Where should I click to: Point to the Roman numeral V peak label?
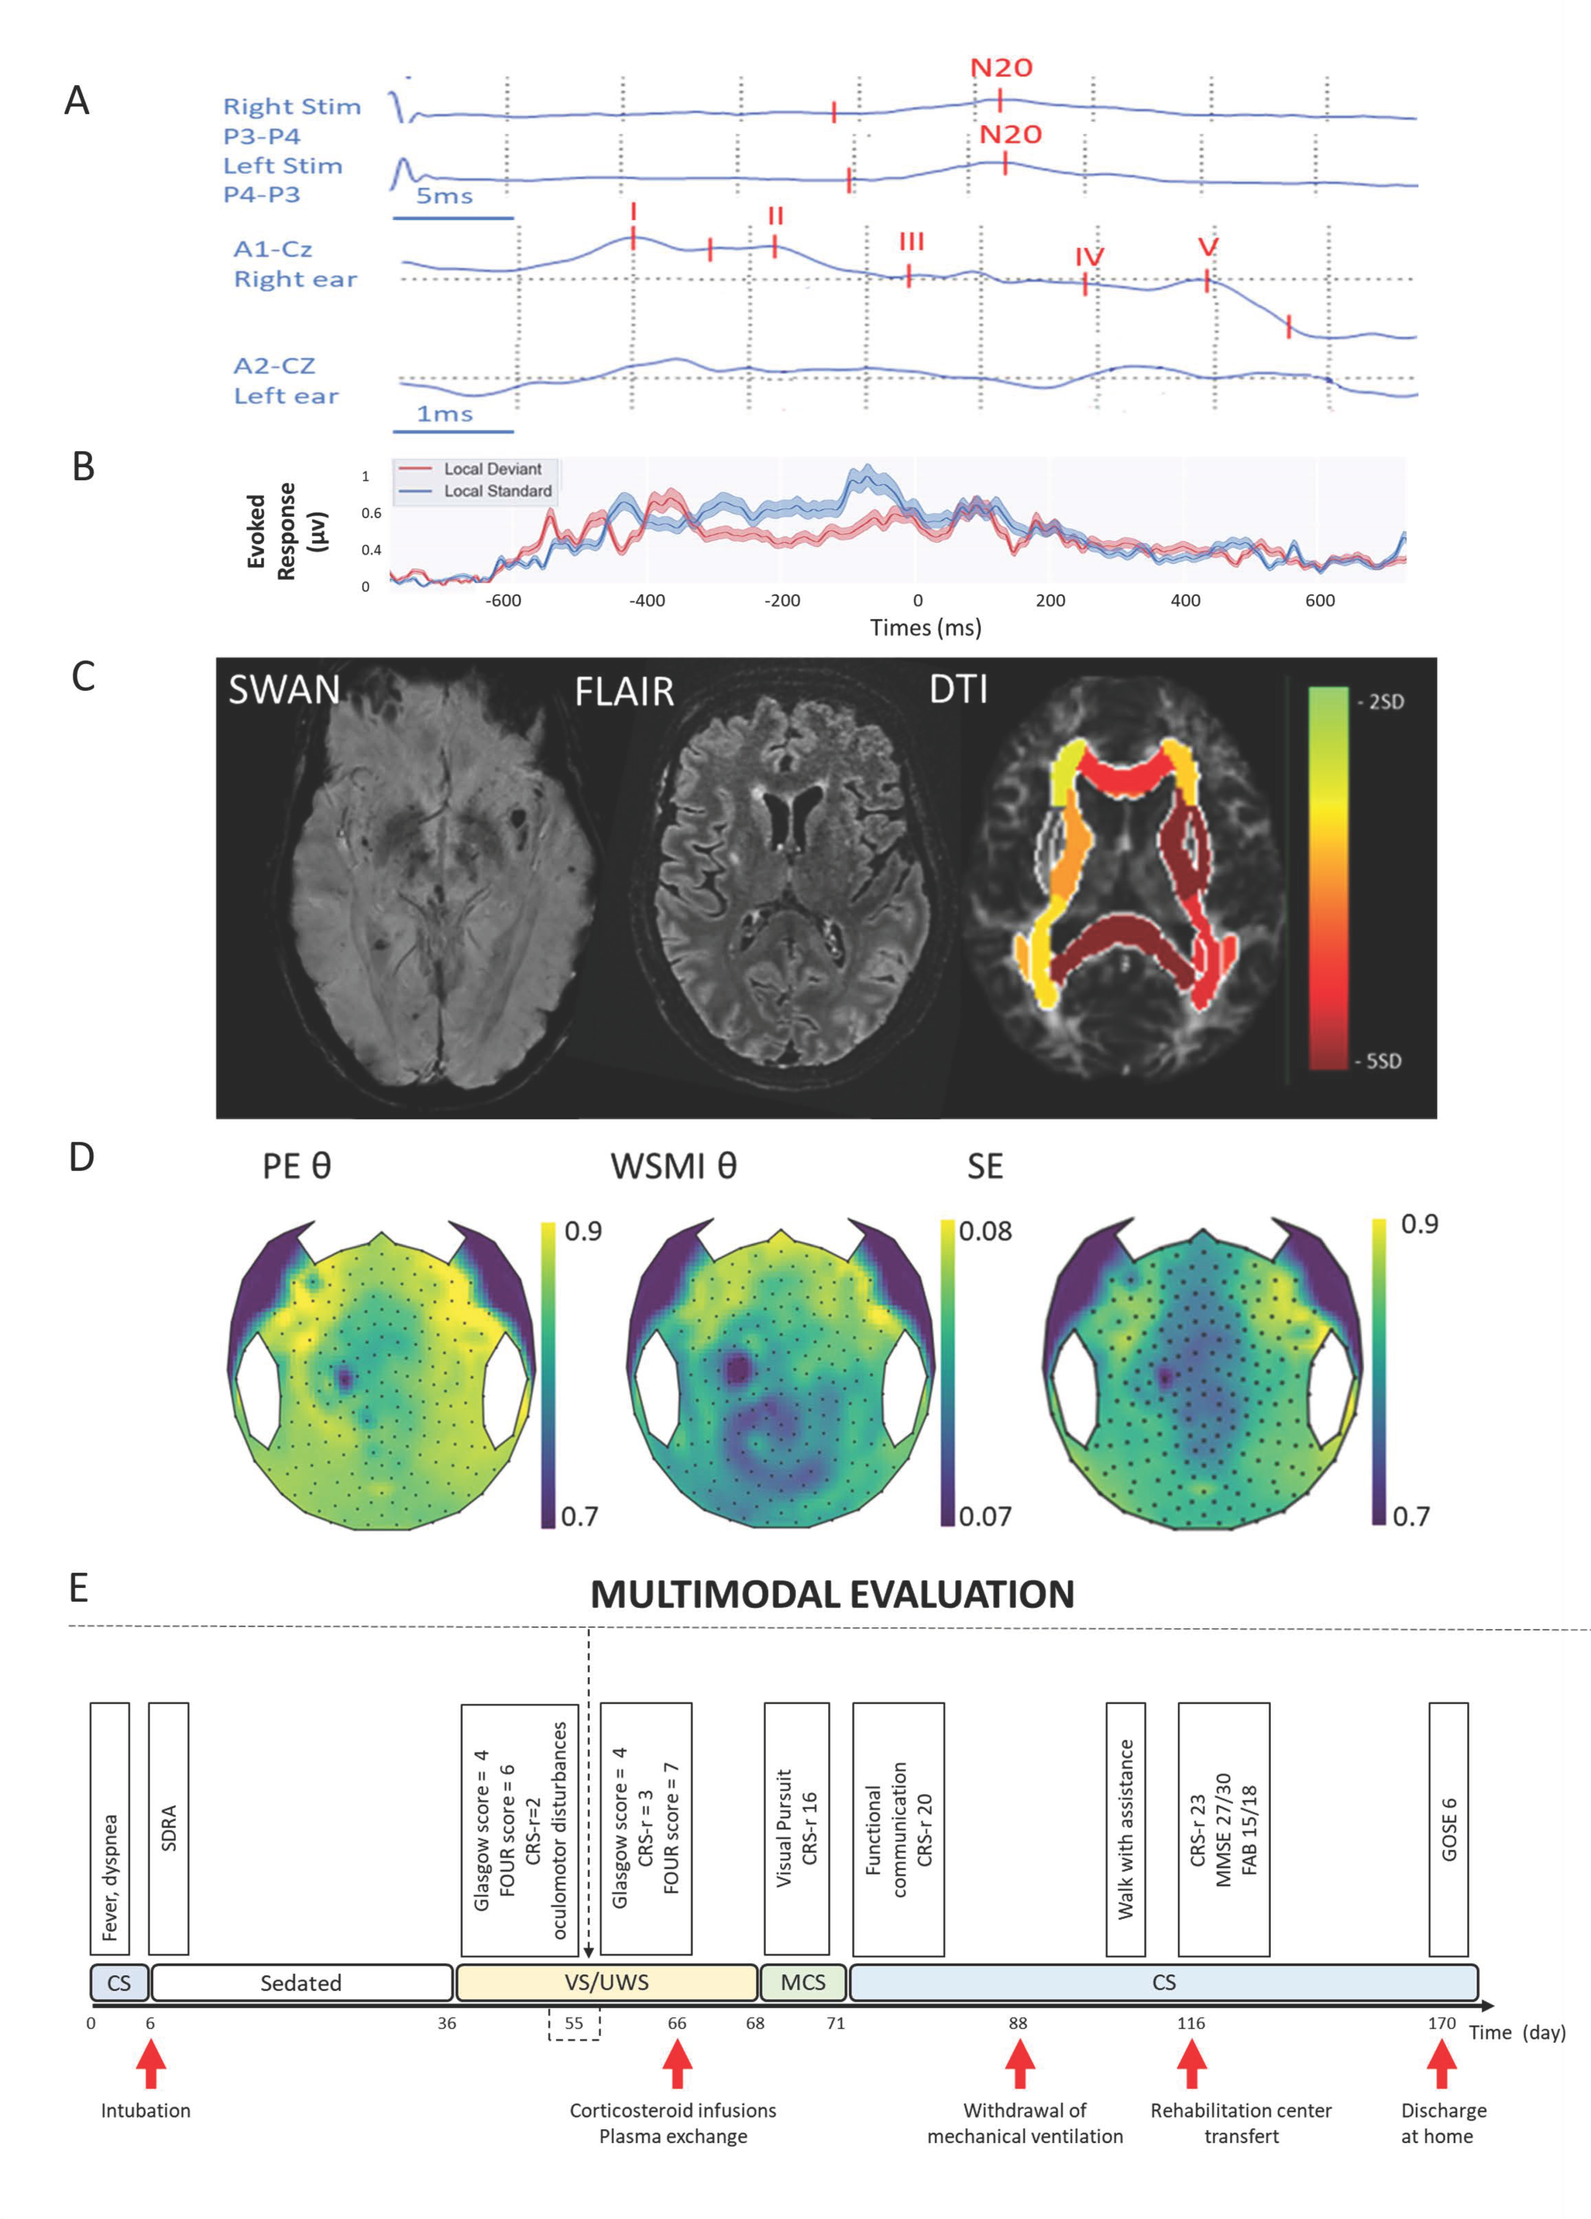1209,247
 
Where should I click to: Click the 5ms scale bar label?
444,196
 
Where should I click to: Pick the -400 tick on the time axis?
647,601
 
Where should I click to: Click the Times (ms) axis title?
926,628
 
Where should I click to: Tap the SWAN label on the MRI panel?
284,691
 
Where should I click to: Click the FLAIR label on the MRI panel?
624,693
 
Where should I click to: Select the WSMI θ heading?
673,1166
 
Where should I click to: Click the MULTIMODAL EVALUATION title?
832,1595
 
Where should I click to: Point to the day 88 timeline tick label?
1018,2023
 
